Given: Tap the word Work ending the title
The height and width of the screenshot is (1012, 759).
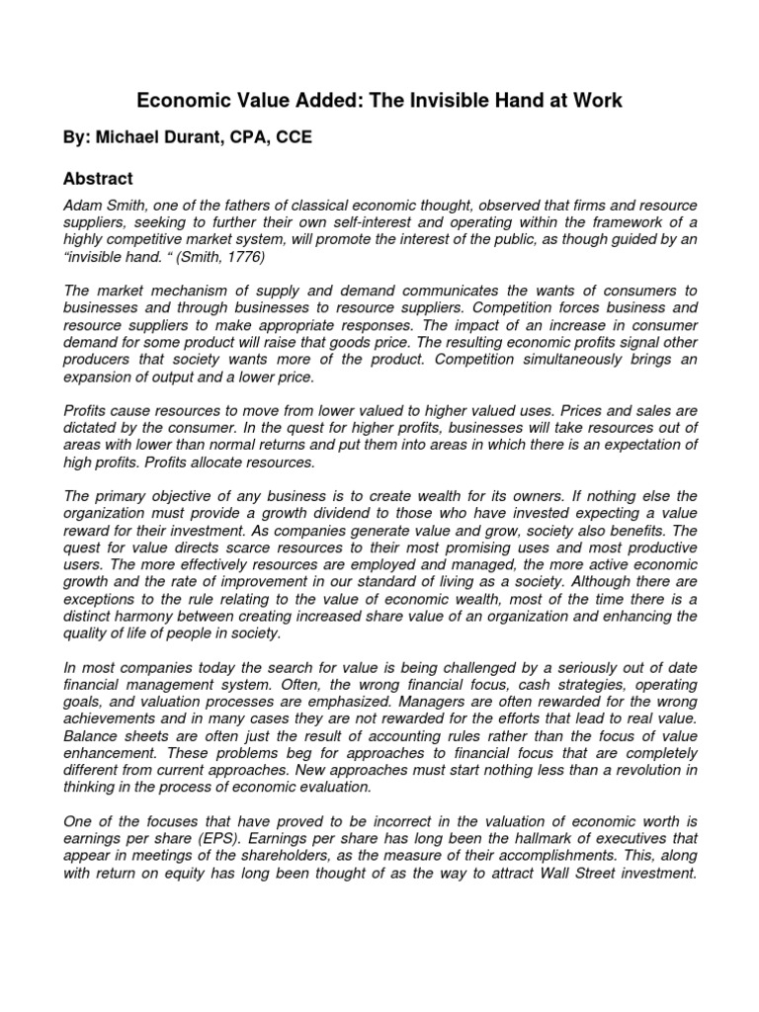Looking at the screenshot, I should (595, 100).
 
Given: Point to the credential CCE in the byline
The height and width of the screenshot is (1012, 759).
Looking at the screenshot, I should (294, 138).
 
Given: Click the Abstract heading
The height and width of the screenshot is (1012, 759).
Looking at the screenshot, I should (98, 179).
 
